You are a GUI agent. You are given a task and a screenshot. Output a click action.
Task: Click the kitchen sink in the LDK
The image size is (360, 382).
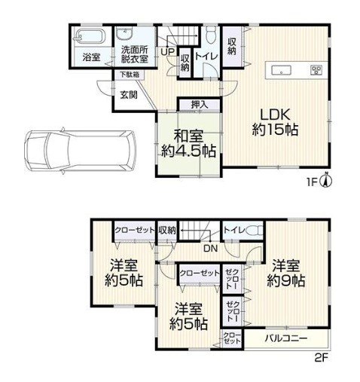tap(282, 69)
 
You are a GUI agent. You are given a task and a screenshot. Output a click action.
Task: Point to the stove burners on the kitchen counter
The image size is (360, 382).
tap(316, 69)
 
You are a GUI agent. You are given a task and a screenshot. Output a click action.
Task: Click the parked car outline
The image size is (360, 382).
tap(81, 151)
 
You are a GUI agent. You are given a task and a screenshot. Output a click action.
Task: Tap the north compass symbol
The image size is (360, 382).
tap(327, 180)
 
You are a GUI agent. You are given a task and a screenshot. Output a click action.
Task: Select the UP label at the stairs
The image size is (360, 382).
tap(167, 52)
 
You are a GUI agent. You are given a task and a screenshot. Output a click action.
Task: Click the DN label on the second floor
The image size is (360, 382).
tap(211, 249)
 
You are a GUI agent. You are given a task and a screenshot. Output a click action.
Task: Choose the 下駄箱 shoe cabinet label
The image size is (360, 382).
tap(130, 75)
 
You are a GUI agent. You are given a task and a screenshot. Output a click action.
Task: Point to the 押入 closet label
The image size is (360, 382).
tap(200, 105)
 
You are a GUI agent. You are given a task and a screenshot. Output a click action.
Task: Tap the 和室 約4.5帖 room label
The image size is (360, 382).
tap(188, 144)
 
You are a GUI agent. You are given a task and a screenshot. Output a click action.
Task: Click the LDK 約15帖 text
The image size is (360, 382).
tap(275, 122)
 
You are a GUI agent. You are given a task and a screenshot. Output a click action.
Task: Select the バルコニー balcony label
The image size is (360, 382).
tap(286, 338)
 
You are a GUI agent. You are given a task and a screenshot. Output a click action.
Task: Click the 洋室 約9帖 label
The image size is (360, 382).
tap(286, 274)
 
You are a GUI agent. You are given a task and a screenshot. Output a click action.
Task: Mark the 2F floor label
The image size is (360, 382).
tap(322, 357)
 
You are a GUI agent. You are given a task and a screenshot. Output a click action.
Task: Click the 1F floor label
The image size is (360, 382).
tap(312, 182)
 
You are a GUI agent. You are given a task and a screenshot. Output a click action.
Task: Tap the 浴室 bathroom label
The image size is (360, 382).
tap(91, 57)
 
